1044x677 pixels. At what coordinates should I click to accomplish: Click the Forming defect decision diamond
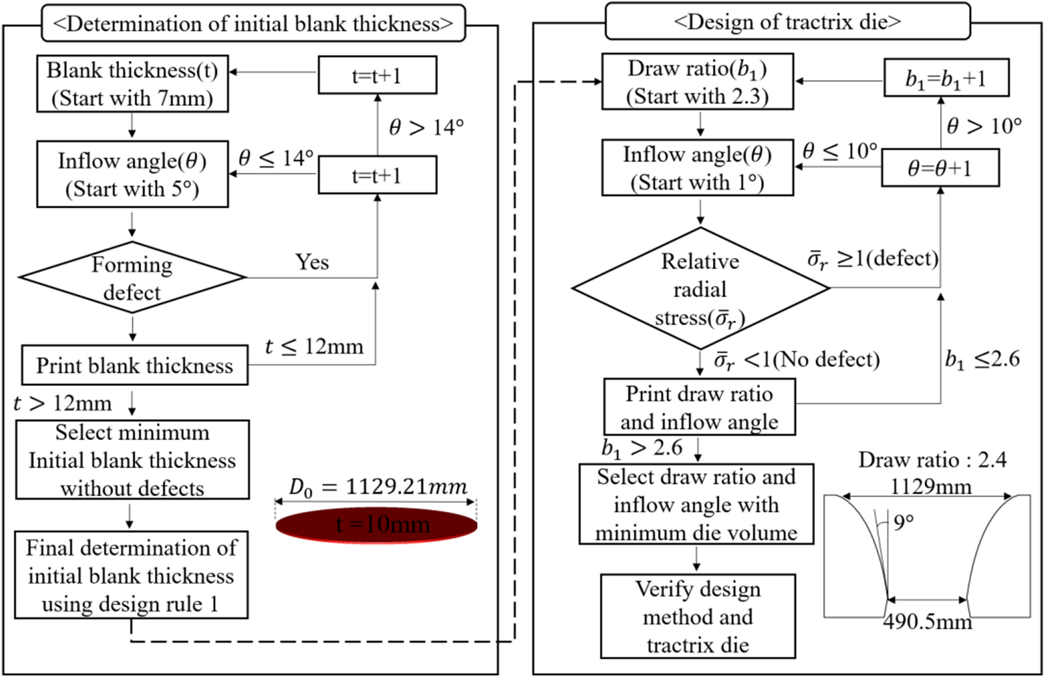pyautogui.click(x=132, y=277)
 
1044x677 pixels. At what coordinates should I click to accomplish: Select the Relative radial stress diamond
pyautogui.click(x=700, y=288)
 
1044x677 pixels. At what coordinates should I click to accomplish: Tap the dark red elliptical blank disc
pyautogui.click(x=376, y=525)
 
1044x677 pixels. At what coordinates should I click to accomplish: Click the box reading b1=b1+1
pyautogui.click(x=946, y=78)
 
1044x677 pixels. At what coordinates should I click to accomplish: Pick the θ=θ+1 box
pyautogui.click(x=940, y=168)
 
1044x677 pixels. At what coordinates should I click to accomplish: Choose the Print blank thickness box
pyautogui.click(x=134, y=366)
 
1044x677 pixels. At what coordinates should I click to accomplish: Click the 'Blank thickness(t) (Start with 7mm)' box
pyautogui.click(x=132, y=84)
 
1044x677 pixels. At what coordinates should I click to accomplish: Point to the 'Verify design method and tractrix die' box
pyautogui.click(x=698, y=616)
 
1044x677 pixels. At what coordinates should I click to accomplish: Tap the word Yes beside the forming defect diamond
pyautogui.click(x=312, y=262)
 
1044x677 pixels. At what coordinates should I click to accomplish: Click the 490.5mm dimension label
pyautogui.click(x=927, y=621)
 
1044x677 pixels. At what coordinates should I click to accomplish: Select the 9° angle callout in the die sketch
pyautogui.click(x=903, y=523)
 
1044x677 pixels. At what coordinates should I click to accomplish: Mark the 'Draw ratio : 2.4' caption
pyautogui.click(x=932, y=460)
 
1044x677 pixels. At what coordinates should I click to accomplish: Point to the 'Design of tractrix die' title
pyautogui.click(x=787, y=21)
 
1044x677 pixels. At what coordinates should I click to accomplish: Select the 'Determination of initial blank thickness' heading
pyautogui.click(x=253, y=23)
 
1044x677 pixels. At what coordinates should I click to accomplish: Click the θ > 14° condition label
pyautogui.click(x=426, y=127)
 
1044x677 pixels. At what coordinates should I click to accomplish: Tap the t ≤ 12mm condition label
pyautogui.click(x=314, y=347)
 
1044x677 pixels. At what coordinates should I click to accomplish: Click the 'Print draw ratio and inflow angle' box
pyautogui.click(x=699, y=407)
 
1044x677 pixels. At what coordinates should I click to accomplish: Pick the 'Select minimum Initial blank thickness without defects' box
pyautogui.click(x=132, y=460)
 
